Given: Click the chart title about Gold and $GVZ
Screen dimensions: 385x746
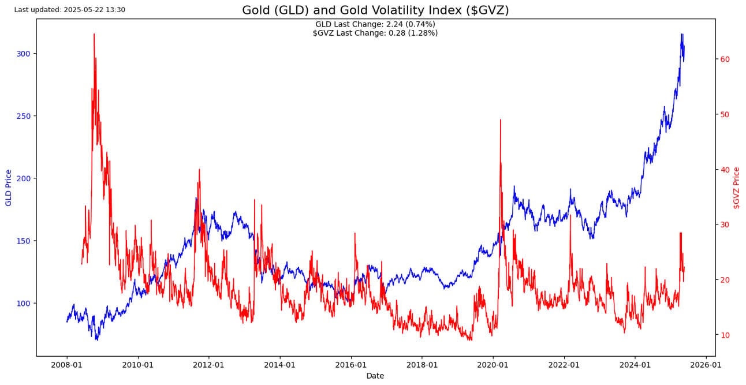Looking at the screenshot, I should (x=375, y=10).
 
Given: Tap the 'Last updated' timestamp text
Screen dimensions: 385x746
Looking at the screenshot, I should (x=69, y=10).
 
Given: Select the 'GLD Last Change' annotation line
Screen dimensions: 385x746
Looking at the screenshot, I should (x=375, y=24).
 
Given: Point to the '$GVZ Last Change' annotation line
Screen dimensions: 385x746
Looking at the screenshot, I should (x=375, y=33).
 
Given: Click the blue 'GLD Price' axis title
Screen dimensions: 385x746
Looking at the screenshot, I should (x=8, y=188).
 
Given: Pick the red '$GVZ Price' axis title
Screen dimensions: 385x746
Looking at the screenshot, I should (x=736, y=188).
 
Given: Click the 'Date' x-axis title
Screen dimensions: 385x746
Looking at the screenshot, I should (x=375, y=376).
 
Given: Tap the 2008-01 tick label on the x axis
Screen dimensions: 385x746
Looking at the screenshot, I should (x=67, y=365).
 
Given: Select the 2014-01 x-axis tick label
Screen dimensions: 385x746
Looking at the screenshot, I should (x=279, y=365).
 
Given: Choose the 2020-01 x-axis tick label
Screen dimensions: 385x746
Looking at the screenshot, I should (x=493, y=365).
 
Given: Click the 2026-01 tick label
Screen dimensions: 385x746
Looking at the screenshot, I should (x=706, y=365).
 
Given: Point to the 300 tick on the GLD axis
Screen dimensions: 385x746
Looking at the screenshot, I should (x=25, y=54).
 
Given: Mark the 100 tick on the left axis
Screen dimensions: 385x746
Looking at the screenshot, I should (x=25, y=303).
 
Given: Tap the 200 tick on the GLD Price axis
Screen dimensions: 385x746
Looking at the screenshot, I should (x=25, y=178).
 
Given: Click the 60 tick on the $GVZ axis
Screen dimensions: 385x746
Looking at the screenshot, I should (x=726, y=59).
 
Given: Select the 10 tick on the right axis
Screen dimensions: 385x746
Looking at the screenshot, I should (x=726, y=335).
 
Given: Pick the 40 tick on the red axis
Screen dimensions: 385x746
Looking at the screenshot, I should (x=726, y=170).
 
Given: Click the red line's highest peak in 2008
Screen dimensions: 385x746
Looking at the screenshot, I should (x=94, y=34).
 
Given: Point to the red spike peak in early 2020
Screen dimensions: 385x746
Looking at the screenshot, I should (x=500, y=120).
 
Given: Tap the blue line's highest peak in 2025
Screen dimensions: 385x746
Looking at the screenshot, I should (x=682, y=35).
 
